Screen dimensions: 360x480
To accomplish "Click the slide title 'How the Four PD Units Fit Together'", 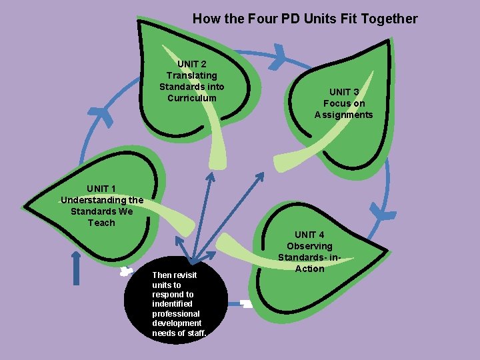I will pyautogui.click(x=305, y=19).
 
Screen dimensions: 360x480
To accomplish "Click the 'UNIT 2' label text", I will pyautogui.click(x=191, y=64).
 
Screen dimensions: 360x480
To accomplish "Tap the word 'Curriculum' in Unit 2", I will pyautogui.click(x=191, y=98).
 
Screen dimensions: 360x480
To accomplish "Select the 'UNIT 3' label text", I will pyautogui.click(x=343, y=92).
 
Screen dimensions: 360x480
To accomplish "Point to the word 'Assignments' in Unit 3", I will pyautogui.click(x=343, y=115).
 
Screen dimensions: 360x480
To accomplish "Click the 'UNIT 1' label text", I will pyautogui.click(x=101, y=189).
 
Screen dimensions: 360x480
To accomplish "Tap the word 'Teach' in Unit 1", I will pyautogui.click(x=101, y=223).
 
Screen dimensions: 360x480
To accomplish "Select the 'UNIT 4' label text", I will pyautogui.click(x=309, y=235).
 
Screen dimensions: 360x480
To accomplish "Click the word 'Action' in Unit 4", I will pyautogui.click(x=309, y=269).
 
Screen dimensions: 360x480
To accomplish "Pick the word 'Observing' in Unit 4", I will pyautogui.click(x=309, y=246).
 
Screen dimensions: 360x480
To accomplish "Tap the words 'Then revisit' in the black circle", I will pyautogui.click(x=174, y=275).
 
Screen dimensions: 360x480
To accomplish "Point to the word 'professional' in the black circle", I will pyautogui.click(x=176, y=313).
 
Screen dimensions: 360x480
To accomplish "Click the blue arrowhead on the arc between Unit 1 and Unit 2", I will pyautogui.click(x=103, y=117).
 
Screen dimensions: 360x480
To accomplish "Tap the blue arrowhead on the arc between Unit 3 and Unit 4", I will pyautogui.click(x=383, y=213).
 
